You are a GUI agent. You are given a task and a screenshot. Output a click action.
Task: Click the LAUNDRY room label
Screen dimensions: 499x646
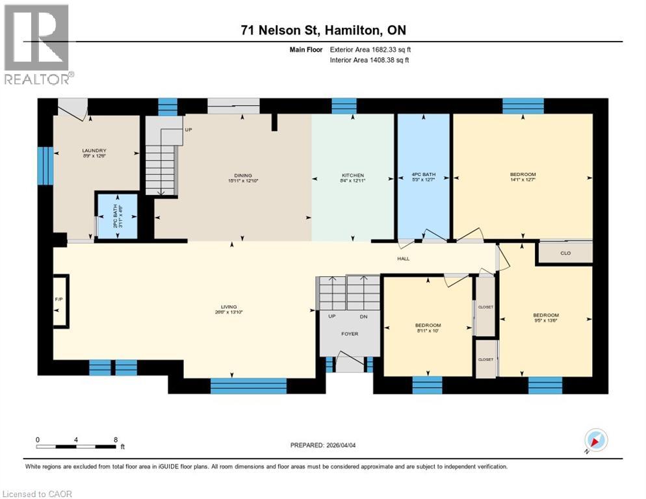(x=94, y=151)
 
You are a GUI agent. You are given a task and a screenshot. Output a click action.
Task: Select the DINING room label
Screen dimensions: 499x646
(x=243, y=175)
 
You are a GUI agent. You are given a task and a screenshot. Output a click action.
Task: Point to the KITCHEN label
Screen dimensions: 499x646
(x=353, y=175)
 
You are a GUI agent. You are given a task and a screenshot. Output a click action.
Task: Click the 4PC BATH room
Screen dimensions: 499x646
(x=423, y=175)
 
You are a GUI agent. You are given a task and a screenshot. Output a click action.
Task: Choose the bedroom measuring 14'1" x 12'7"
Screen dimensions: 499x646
(x=523, y=175)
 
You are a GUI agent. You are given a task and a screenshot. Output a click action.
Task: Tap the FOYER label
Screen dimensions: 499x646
(x=349, y=335)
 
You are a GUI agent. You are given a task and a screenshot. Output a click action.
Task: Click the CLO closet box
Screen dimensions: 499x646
(x=565, y=253)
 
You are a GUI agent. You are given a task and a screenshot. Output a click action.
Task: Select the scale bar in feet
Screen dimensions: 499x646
(x=77, y=445)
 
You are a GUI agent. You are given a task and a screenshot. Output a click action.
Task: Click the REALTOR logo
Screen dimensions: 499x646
(x=37, y=44)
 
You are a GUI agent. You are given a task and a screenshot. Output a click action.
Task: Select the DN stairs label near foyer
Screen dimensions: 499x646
(x=363, y=317)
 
